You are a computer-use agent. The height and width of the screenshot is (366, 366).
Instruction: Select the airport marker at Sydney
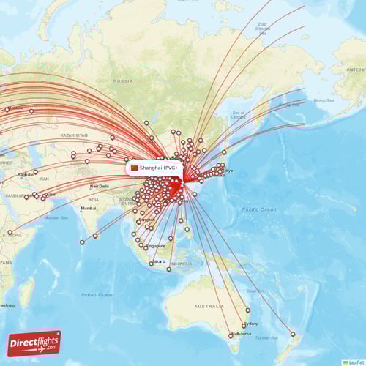[x=244, y=326]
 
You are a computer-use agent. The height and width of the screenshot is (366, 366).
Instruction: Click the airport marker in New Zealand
[x=293, y=335]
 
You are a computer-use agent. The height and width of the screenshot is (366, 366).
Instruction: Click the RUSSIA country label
[x=123, y=81]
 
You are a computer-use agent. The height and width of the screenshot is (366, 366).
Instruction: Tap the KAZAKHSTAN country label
[x=74, y=135]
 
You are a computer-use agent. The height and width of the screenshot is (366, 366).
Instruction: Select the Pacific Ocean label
[x=260, y=210]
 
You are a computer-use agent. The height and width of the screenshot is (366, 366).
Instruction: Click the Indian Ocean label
[x=97, y=294]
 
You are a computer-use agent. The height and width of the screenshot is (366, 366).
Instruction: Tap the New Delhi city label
[x=99, y=186]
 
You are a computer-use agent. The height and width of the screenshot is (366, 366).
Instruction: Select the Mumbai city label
[x=89, y=209]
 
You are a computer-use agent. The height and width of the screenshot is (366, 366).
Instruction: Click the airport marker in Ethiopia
[x=10, y=234]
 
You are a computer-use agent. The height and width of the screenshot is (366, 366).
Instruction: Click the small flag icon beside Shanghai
[x=134, y=168]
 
